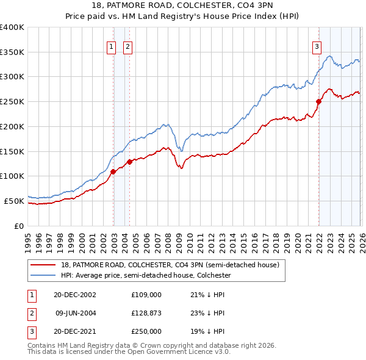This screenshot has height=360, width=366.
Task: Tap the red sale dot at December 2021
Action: (x=318, y=102)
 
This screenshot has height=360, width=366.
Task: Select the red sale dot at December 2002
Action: (x=113, y=172)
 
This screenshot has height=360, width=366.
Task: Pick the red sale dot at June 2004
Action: (x=129, y=162)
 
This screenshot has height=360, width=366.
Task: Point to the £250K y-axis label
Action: (x=12, y=102)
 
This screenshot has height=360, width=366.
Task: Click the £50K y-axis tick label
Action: (x=14, y=201)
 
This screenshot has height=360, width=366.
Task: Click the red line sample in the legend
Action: (x=43, y=265)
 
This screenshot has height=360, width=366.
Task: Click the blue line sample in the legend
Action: (x=43, y=275)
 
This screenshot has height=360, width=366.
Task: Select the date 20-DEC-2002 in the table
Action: (x=74, y=294)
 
